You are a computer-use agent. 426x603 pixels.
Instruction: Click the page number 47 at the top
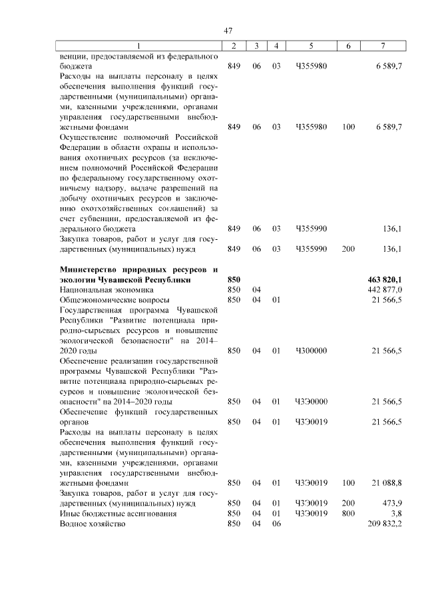coord(228,31)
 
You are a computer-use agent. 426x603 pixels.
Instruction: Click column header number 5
coord(311,45)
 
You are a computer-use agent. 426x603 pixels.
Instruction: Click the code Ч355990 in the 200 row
coord(311,249)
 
